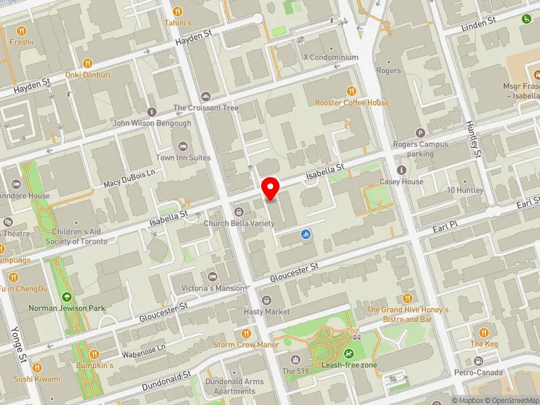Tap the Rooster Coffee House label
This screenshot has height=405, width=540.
click(352, 103)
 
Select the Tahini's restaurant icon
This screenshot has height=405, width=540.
click(178, 11)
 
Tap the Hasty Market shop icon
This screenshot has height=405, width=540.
click(266, 300)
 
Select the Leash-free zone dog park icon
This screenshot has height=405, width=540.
click(349, 353)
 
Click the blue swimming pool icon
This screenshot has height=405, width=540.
click(306, 234)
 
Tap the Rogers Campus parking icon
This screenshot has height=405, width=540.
click(421, 133)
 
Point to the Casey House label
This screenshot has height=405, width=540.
click(403, 182)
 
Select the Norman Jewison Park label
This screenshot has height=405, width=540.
click(67, 308)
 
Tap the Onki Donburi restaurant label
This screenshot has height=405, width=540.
click(88, 75)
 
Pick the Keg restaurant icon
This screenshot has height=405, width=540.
click(484, 332)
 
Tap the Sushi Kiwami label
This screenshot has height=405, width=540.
click(37, 379)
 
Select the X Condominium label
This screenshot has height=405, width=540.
click(331, 58)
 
